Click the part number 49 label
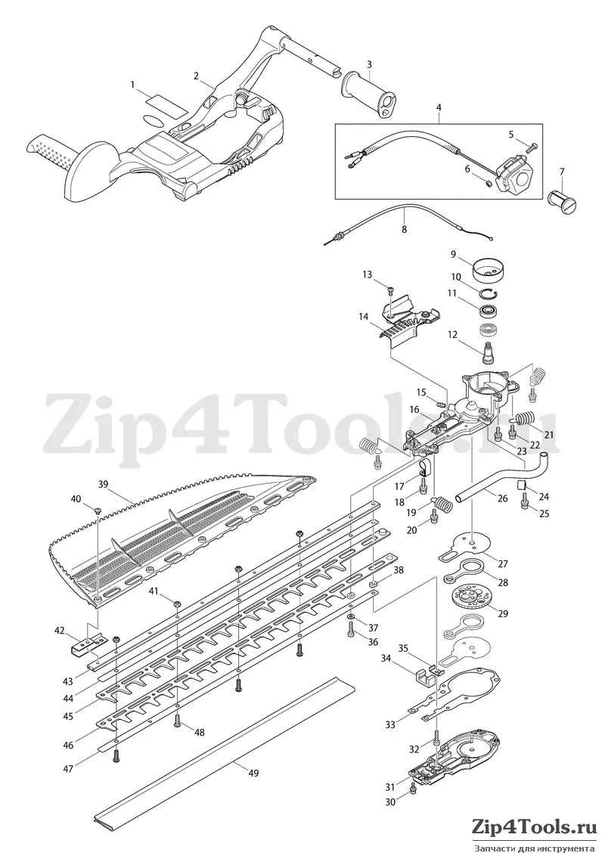point(253,773)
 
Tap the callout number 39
point(104,484)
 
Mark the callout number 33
point(390,724)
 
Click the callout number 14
point(365,316)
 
